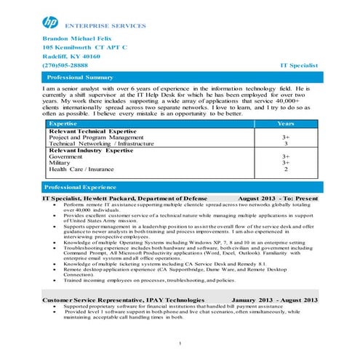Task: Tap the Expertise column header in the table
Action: pos(62,124)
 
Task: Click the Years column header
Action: pos(286,124)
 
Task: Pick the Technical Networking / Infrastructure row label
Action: pos(101,143)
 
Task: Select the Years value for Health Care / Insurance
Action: pos(286,169)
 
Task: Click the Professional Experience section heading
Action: pos(81,187)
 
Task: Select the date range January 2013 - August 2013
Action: pos(274,299)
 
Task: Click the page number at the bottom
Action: pos(179,343)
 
